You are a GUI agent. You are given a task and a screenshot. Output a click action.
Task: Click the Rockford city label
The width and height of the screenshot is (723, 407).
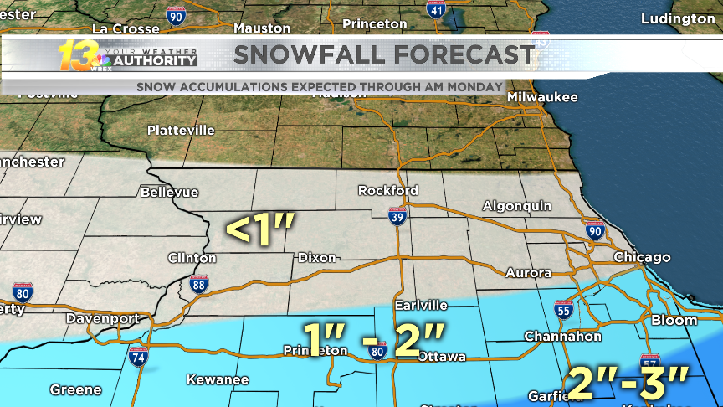coord(387,190)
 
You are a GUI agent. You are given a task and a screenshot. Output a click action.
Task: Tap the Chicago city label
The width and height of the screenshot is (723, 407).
coord(642,257)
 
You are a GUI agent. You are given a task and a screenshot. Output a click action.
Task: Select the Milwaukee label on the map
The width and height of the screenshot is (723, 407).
coord(542,97)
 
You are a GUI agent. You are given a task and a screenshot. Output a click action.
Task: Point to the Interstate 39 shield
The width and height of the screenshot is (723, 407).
coord(398,217)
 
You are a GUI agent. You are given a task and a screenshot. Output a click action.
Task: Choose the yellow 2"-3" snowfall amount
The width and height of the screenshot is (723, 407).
coord(628,381)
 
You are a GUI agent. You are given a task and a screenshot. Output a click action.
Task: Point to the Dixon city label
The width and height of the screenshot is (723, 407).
coord(316,257)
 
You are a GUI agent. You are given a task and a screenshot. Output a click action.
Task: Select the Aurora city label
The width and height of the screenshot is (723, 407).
coord(528,273)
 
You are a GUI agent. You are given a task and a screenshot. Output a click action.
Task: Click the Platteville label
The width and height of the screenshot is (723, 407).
coord(181,131)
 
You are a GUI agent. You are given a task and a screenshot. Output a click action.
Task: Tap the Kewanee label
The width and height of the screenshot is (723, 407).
coord(217,379)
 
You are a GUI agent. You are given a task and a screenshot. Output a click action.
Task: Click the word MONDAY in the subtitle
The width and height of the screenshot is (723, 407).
coord(474,86)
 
